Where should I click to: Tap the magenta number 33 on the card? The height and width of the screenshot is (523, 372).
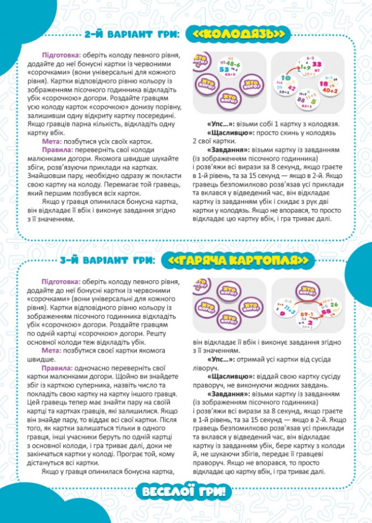pos(316,64)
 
